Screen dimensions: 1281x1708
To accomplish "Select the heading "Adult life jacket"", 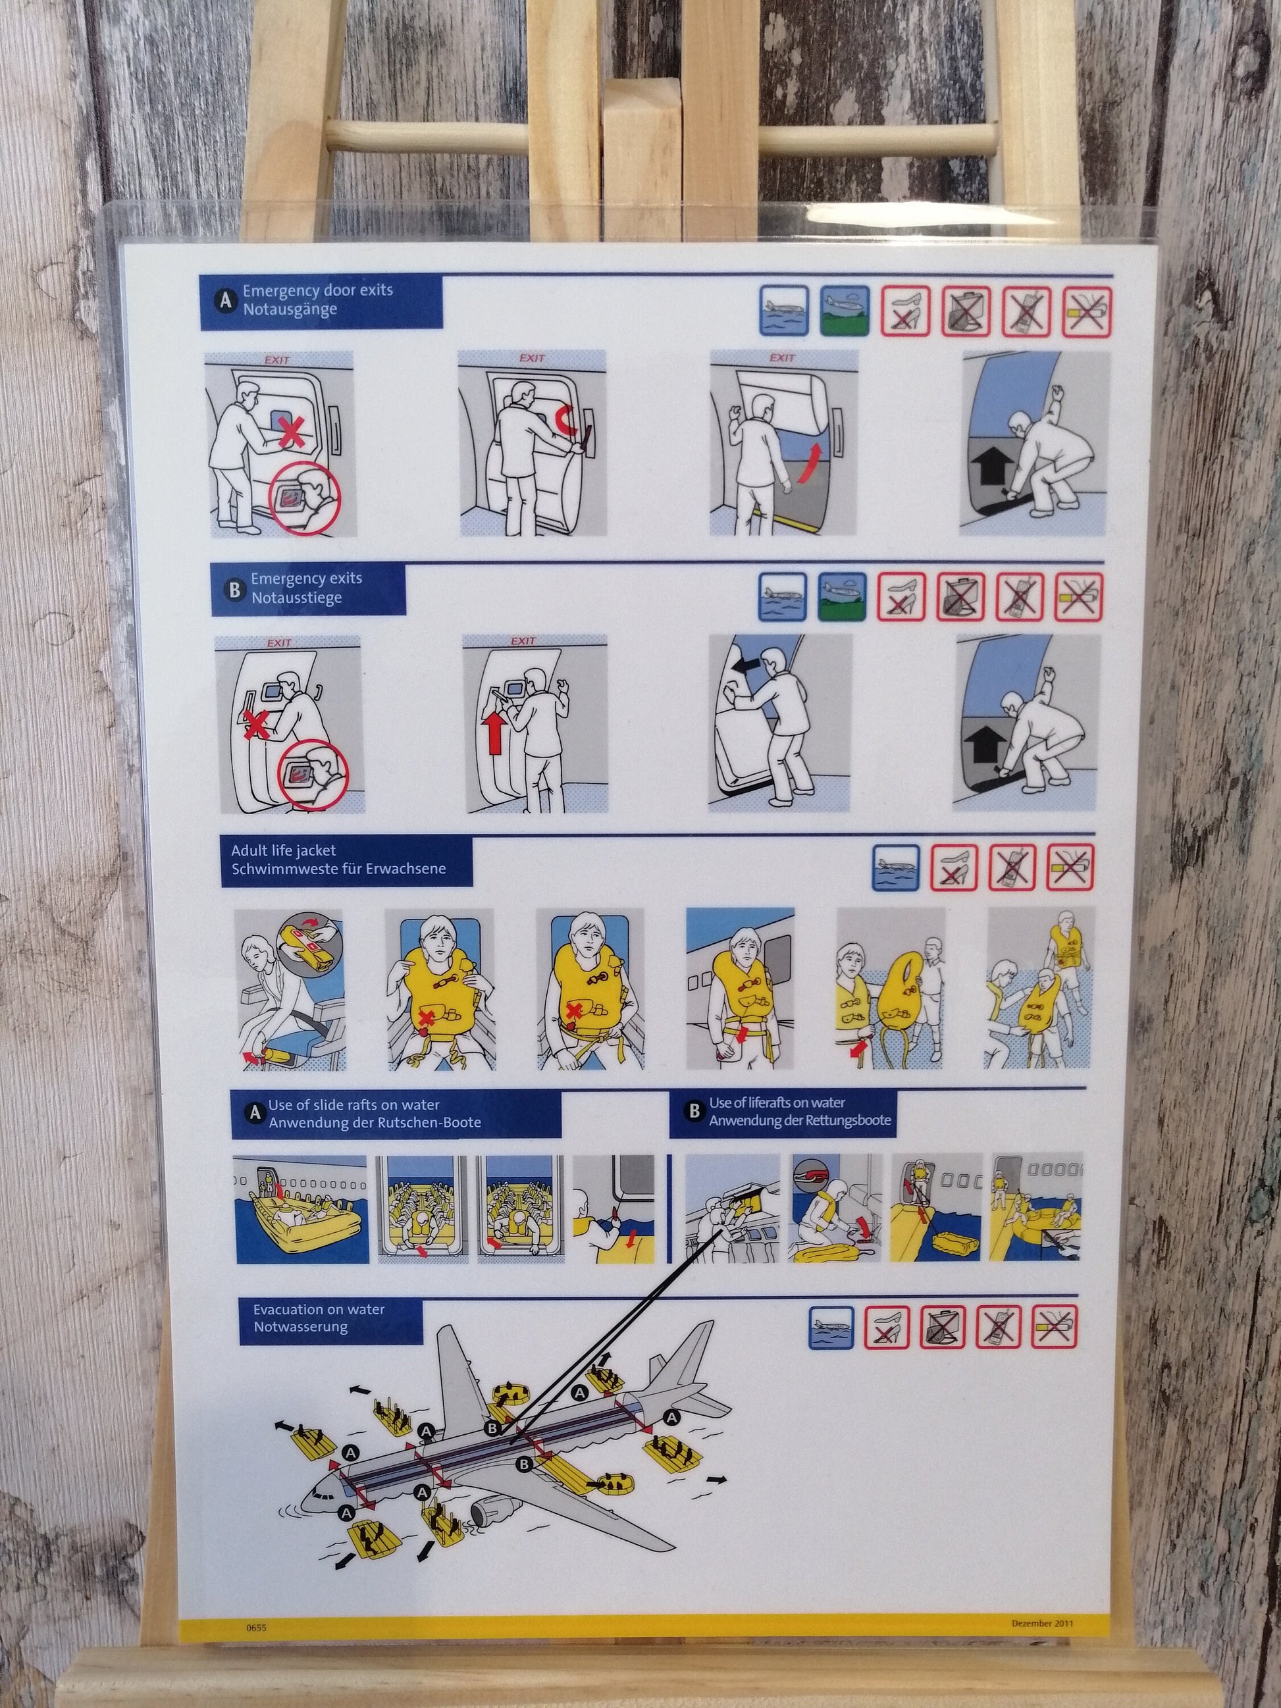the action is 283,851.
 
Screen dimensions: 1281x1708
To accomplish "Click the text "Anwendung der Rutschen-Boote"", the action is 375,1122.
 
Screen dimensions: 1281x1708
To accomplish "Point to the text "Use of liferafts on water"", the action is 777,1102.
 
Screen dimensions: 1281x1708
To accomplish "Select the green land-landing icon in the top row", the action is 845,311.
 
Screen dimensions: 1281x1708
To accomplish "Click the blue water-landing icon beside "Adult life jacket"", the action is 896,866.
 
